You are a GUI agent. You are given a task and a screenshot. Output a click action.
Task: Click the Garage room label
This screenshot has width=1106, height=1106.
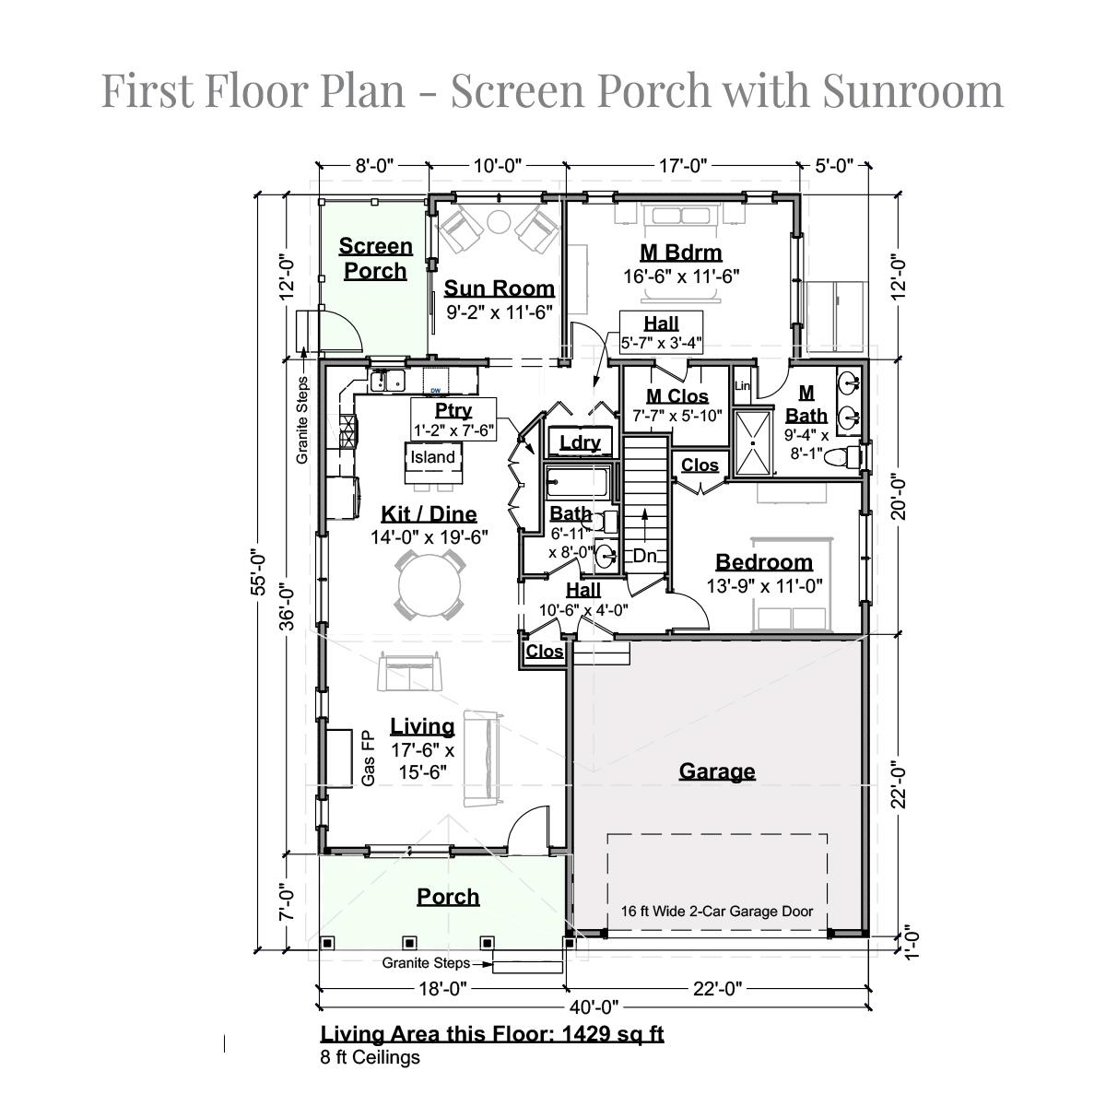pyautogui.click(x=716, y=771)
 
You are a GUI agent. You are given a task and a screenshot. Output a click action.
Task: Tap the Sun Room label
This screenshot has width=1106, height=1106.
pyautogui.click(x=499, y=288)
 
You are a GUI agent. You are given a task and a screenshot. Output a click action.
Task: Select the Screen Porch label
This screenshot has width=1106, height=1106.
pyautogui.click(x=375, y=258)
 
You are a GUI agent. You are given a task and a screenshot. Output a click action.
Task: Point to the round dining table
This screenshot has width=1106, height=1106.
pyautogui.click(x=429, y=585)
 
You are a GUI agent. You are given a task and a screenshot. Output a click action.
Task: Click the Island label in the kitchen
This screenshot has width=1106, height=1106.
pyautogui.click(x=433, y=457)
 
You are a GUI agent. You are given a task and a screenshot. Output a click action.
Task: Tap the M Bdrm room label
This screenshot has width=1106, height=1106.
pyautogui.click(x=681, y=253)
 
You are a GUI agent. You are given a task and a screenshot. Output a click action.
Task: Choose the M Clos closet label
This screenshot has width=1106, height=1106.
pyautogui.click(x=677, y=396)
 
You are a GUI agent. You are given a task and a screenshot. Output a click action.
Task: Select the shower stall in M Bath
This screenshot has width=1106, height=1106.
pyautogui.click(x=753, y=443)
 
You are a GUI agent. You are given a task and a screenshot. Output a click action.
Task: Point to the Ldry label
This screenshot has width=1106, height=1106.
pyautogui.click(x=580, y=442)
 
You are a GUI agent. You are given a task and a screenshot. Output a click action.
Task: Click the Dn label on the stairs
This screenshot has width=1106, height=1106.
pyautogui.click(x=644, y=556)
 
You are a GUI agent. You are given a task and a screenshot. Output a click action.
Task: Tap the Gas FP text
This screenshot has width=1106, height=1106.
pyautogui.click(x=368, y=759)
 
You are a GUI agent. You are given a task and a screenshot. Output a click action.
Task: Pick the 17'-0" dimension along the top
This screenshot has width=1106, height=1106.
pyautogui.click(x=682, y=166)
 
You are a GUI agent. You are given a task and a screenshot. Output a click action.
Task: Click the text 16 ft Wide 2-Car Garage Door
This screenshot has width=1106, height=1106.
pyautogui.click(x=717, y=911)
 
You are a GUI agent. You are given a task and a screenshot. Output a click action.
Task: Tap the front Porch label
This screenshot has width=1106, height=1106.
pyautogui.click(x=448, y=897)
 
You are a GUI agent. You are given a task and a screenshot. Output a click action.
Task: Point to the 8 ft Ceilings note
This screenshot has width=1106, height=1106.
pyautogui.click(x=371, y=1057)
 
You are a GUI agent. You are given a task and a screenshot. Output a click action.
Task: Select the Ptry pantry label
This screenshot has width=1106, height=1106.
pyautogui.click(x=453, y=410)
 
